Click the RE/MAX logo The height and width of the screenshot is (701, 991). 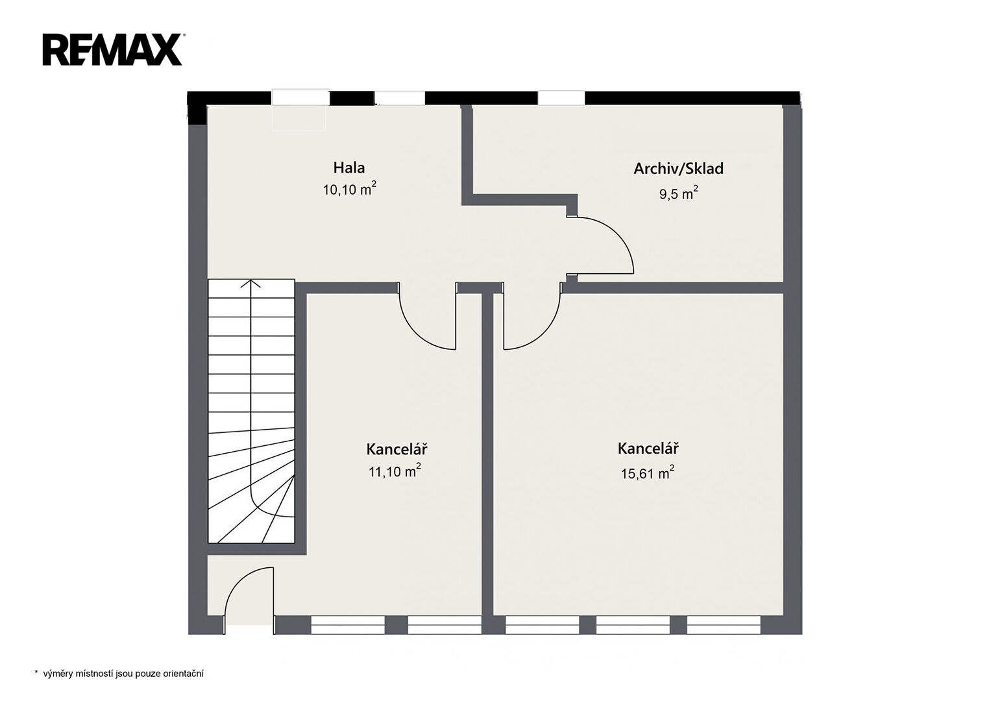(114, 49)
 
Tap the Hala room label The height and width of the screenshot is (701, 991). (349, 167)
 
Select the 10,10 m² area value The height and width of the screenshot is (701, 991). (350, 189)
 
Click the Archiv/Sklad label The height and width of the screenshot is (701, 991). (678, 169)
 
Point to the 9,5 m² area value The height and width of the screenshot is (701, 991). (679, 193)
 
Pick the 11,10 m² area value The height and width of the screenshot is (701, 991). (395, 471)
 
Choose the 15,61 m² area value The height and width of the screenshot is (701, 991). (647, 473)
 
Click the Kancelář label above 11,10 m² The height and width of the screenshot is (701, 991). (397, 449)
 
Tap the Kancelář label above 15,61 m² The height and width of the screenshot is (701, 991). (648, 449)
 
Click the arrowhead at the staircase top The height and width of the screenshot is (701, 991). (251, 283)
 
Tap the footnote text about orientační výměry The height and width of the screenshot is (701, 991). (123, 674)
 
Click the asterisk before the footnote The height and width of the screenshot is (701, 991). (36, 672)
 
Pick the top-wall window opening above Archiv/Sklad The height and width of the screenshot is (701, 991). (561, 98)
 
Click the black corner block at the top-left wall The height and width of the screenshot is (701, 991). (197, 108)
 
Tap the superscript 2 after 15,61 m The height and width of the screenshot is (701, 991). (672, 467)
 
